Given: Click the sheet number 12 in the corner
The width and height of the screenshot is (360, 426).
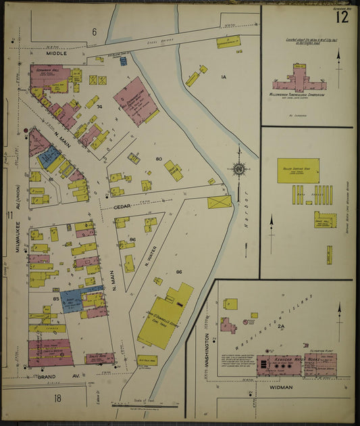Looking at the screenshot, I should pyautogui.click(x=342, y=17).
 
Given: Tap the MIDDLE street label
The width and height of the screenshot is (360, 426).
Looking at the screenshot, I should pyautogui.click(x=57, y=52).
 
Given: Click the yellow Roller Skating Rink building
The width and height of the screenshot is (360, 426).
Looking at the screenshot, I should pyautogui.click(x=298, y=170).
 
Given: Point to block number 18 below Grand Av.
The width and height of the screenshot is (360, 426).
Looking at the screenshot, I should pyautogui.click(x=57, y=398).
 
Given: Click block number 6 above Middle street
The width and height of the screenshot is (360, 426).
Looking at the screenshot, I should pyautogui.click(x=95, y=32).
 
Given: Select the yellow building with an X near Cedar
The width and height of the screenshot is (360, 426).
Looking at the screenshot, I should pyautogui.click(x=220, y=202).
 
